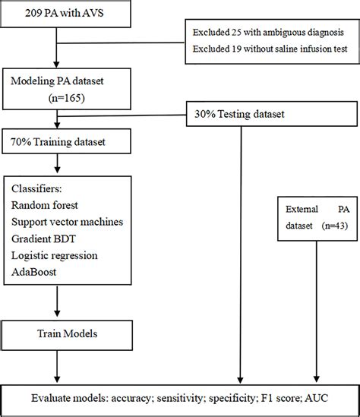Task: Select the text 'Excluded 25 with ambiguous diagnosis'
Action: pyautogui.click(x=273, y=35)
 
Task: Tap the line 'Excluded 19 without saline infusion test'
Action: pyautogui.click(x=273, y=52)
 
